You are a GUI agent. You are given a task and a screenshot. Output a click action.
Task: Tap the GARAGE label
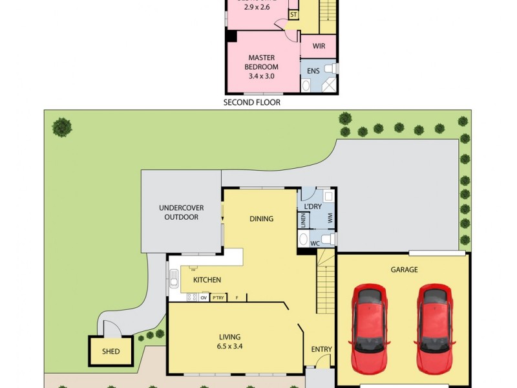click(x=404, y=270)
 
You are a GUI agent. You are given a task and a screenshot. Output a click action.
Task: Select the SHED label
click(x=111, y=352)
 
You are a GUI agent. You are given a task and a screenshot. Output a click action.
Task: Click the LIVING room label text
click(x=229, y=337)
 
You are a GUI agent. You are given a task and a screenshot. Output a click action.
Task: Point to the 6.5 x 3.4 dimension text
click(x=229, y=346)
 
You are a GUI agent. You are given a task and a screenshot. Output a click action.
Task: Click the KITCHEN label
click(x=207, y=280)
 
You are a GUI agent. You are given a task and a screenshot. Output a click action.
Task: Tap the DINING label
click(x=261, y=219)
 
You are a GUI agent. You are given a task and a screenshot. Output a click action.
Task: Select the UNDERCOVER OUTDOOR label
click(x=182, y=212)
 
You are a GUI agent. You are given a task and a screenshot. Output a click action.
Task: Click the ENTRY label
click(x=321, y=349)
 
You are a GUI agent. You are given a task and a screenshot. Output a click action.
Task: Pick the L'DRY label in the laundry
click(x=313, y=206)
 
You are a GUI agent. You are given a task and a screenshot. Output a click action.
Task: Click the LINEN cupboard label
click(x=303, y=220)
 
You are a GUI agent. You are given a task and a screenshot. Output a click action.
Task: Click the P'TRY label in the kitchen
click(x=218, y=298)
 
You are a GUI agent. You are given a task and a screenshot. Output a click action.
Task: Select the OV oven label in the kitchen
click(x=203, y=298)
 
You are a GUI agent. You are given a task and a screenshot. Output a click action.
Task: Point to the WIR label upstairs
click(x=319, y=47)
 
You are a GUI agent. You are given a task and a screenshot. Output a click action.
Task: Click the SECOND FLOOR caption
click(x=252, y=102)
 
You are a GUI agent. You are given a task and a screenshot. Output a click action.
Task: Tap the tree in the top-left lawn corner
click(x=62, y=127)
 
